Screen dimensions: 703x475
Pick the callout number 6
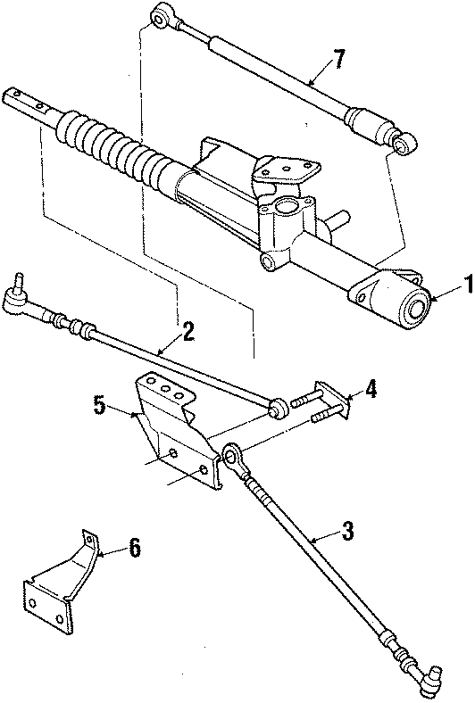click(134, 548)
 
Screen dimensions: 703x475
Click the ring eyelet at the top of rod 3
click(231, 457)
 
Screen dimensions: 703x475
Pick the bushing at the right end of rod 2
click(278, 409)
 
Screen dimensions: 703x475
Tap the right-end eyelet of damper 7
click(407, 141)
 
